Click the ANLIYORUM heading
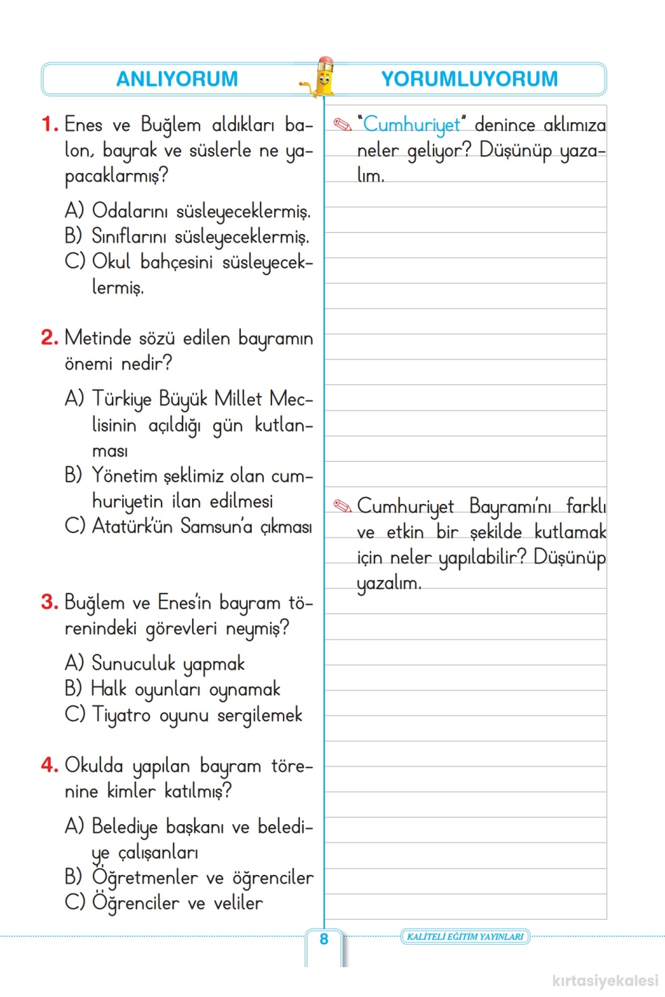click(x=177, y=79)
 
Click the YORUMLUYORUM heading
click(x=470, y=79)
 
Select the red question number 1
click(x=49, y=124)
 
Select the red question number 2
click(x=49, y=338)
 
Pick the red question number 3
click(x=49, y=602)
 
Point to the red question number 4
click(x=49, y=765)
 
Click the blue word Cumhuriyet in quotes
click(x=411, y=125)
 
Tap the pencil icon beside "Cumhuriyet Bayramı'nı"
click(x=343, y=506)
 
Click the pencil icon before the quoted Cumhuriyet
click(x=343, y=125)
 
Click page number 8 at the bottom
click(x=324, y=939)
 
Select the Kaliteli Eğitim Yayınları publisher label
click(x=465, y=937)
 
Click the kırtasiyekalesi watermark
click(x=605, y=981)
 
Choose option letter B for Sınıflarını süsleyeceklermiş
click(x=73, y=236)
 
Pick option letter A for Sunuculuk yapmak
click(x=74, y=663)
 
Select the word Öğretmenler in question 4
click(x=145, y=878)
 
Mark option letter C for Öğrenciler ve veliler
click(x=74, y=903)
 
